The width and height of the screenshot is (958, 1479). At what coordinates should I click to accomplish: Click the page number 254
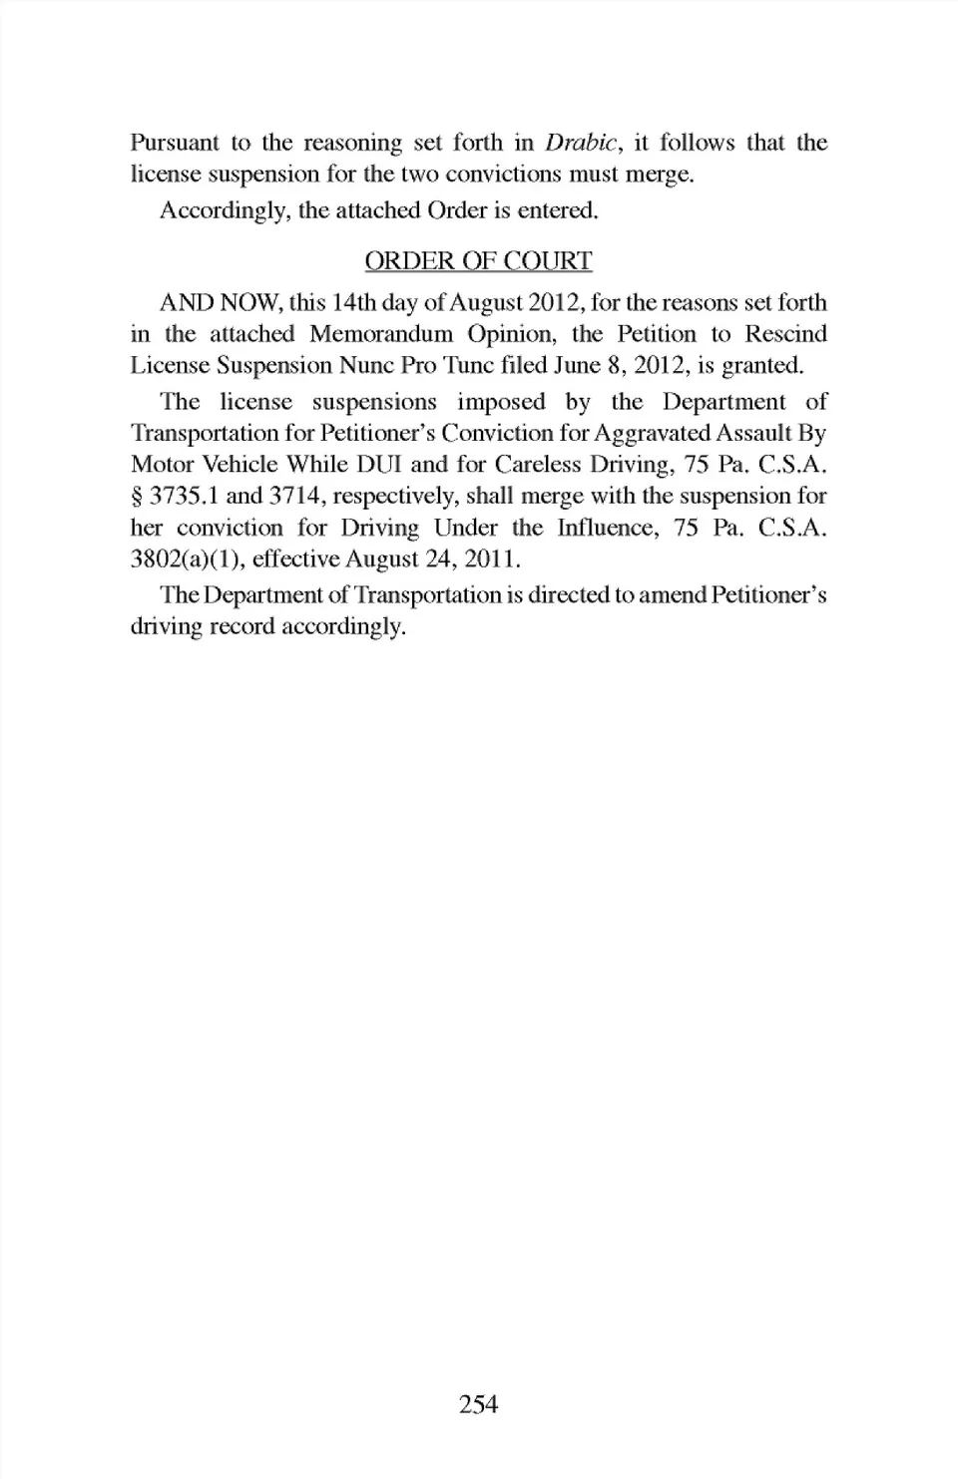tap(478, 1404)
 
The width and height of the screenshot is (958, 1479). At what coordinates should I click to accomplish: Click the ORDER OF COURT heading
tap(478, 261)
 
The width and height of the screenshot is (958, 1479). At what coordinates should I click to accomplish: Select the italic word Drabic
tap(583, 143)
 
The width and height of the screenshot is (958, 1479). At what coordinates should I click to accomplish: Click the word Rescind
tap(786, 333)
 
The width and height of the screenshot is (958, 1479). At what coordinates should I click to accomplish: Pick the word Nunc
tap(366, 365)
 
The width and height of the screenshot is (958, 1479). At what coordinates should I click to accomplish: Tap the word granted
tap(762, 365)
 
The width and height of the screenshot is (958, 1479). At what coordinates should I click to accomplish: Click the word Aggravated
tap(662, 433)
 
